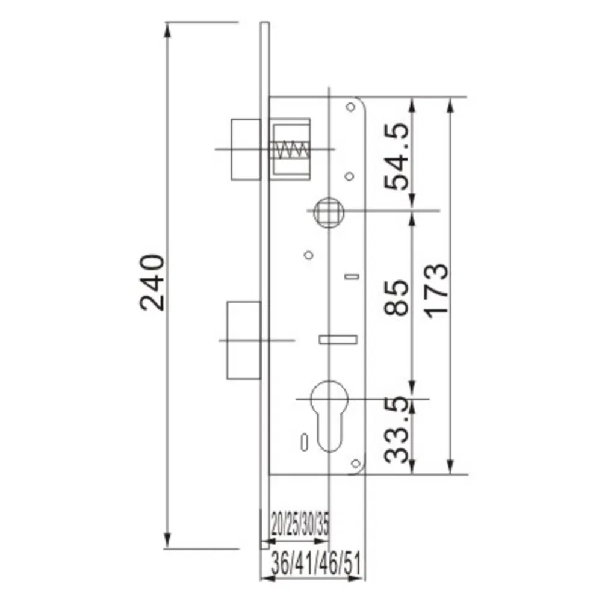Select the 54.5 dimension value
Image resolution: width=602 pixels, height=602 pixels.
tap(397, 157)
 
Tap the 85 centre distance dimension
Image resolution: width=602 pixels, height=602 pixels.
tap(397, 296)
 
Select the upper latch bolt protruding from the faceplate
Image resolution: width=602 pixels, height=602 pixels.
tap(246, 149)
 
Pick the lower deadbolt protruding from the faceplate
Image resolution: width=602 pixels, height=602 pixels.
tap(244, 340)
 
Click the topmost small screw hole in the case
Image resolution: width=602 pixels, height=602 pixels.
tap(350, 108)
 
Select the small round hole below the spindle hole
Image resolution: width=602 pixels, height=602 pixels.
tap(308, 255)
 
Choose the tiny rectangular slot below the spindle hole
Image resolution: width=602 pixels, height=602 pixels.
tap(351, 277)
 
